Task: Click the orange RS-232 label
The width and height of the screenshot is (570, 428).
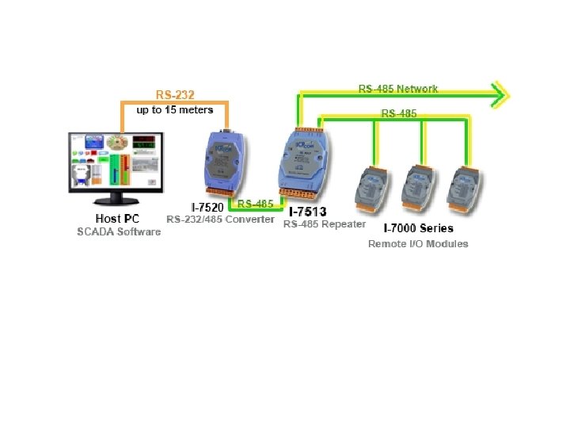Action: (175, 94)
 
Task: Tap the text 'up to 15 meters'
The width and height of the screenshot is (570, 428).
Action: (175, 109)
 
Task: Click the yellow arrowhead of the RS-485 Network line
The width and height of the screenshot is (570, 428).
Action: (500, 95)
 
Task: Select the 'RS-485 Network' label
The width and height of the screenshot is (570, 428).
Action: (397, 89)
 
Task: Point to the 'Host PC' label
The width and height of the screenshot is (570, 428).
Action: (117, 218)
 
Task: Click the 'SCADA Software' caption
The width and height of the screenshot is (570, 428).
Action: (119, 231)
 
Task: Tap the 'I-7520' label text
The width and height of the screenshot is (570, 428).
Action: (201, 207)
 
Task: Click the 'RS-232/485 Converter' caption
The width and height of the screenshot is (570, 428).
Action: (220, 219)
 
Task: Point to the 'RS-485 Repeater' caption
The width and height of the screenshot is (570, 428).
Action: (325, 224)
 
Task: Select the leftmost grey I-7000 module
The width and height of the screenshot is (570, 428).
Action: (370, 187)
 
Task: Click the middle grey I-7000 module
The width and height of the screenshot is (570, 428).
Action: (415, 187)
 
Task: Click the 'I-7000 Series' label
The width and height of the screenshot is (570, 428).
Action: (418, 228)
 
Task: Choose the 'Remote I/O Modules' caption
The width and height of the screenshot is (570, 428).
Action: (418, 243)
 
